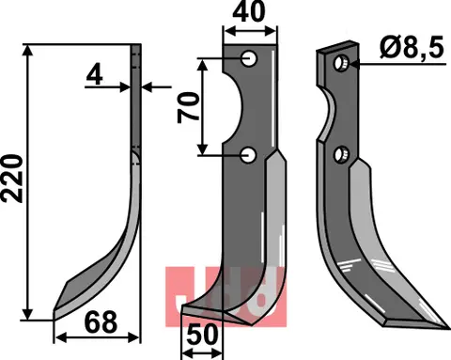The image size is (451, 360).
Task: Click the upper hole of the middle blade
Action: tap(251, 59)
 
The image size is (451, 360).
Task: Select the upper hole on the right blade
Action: tap(342, 64)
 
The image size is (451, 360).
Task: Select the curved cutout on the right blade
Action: tap(328, 117)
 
